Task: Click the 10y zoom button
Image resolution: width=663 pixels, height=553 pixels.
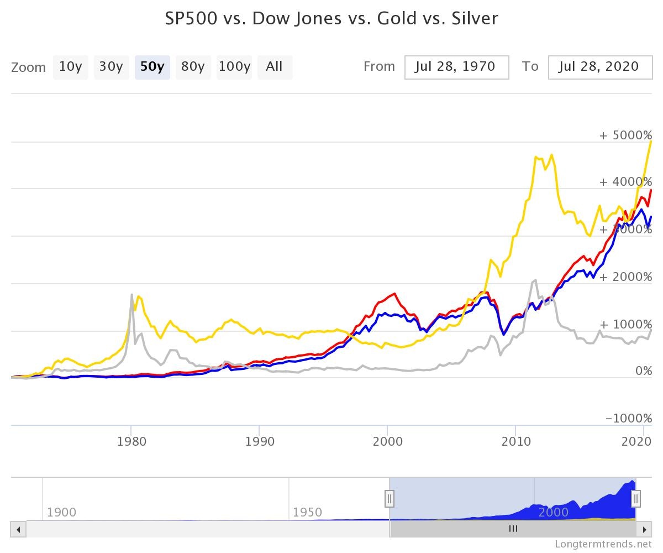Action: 70,67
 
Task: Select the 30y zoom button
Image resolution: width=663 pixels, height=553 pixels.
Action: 111,67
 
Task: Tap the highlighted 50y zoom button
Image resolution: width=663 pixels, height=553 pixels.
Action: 152,67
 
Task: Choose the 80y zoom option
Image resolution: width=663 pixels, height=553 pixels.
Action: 193,67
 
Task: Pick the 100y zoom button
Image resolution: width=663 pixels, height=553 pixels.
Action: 234,67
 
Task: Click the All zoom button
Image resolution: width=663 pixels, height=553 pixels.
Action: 274,67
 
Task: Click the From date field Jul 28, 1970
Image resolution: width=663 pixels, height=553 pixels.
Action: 456,67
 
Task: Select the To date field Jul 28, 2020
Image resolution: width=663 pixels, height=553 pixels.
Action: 599,67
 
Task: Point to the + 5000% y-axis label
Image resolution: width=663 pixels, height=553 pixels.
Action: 625,135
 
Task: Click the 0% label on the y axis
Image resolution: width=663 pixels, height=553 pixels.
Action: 643,371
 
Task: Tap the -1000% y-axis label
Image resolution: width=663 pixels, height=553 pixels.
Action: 629,419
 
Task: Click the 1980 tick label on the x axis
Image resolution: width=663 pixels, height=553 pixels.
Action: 131,441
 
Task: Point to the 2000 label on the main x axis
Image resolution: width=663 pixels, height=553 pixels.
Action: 387,441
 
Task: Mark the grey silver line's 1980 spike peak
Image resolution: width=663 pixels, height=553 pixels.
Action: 131,295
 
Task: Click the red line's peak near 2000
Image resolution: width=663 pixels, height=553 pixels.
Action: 394,294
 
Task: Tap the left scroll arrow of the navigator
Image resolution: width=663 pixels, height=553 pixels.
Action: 18,529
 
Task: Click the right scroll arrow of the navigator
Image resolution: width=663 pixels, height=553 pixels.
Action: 644,529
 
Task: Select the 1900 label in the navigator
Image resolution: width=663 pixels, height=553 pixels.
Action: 61,512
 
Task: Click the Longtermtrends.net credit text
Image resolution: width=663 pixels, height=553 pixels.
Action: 603,544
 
